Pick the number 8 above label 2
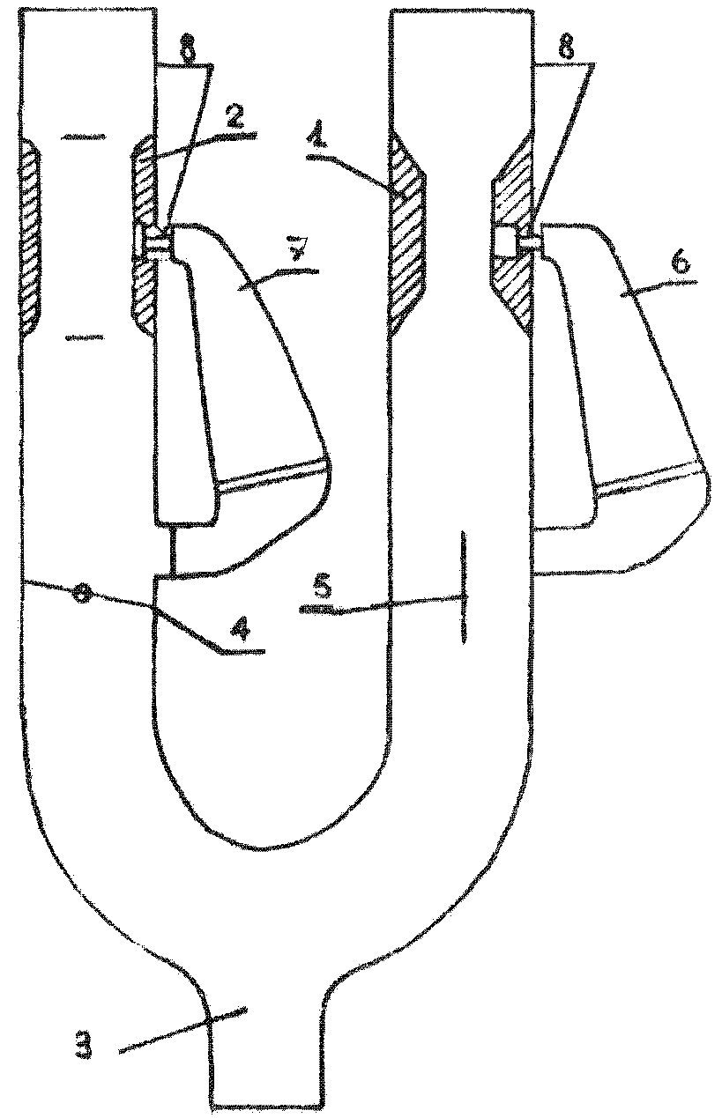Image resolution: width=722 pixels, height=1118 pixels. [187, 49]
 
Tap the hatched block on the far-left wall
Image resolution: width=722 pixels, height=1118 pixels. [30, 238]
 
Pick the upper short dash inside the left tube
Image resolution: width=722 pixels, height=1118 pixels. [83, 137]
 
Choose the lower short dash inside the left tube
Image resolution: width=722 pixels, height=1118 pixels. [83, 337]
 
